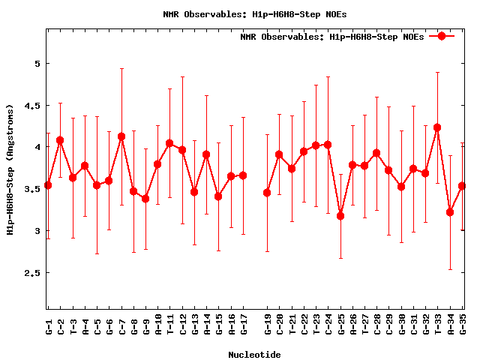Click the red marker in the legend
point(442,36)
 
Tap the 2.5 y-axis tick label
point(31,273)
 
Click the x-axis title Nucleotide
point(255,355)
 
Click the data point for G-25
point(340,216)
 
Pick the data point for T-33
point(437,127)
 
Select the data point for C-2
point(60,140)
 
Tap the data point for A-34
point(450,212)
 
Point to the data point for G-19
point(267,193)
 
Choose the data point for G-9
point(145,199)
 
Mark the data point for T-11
point(169,143)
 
